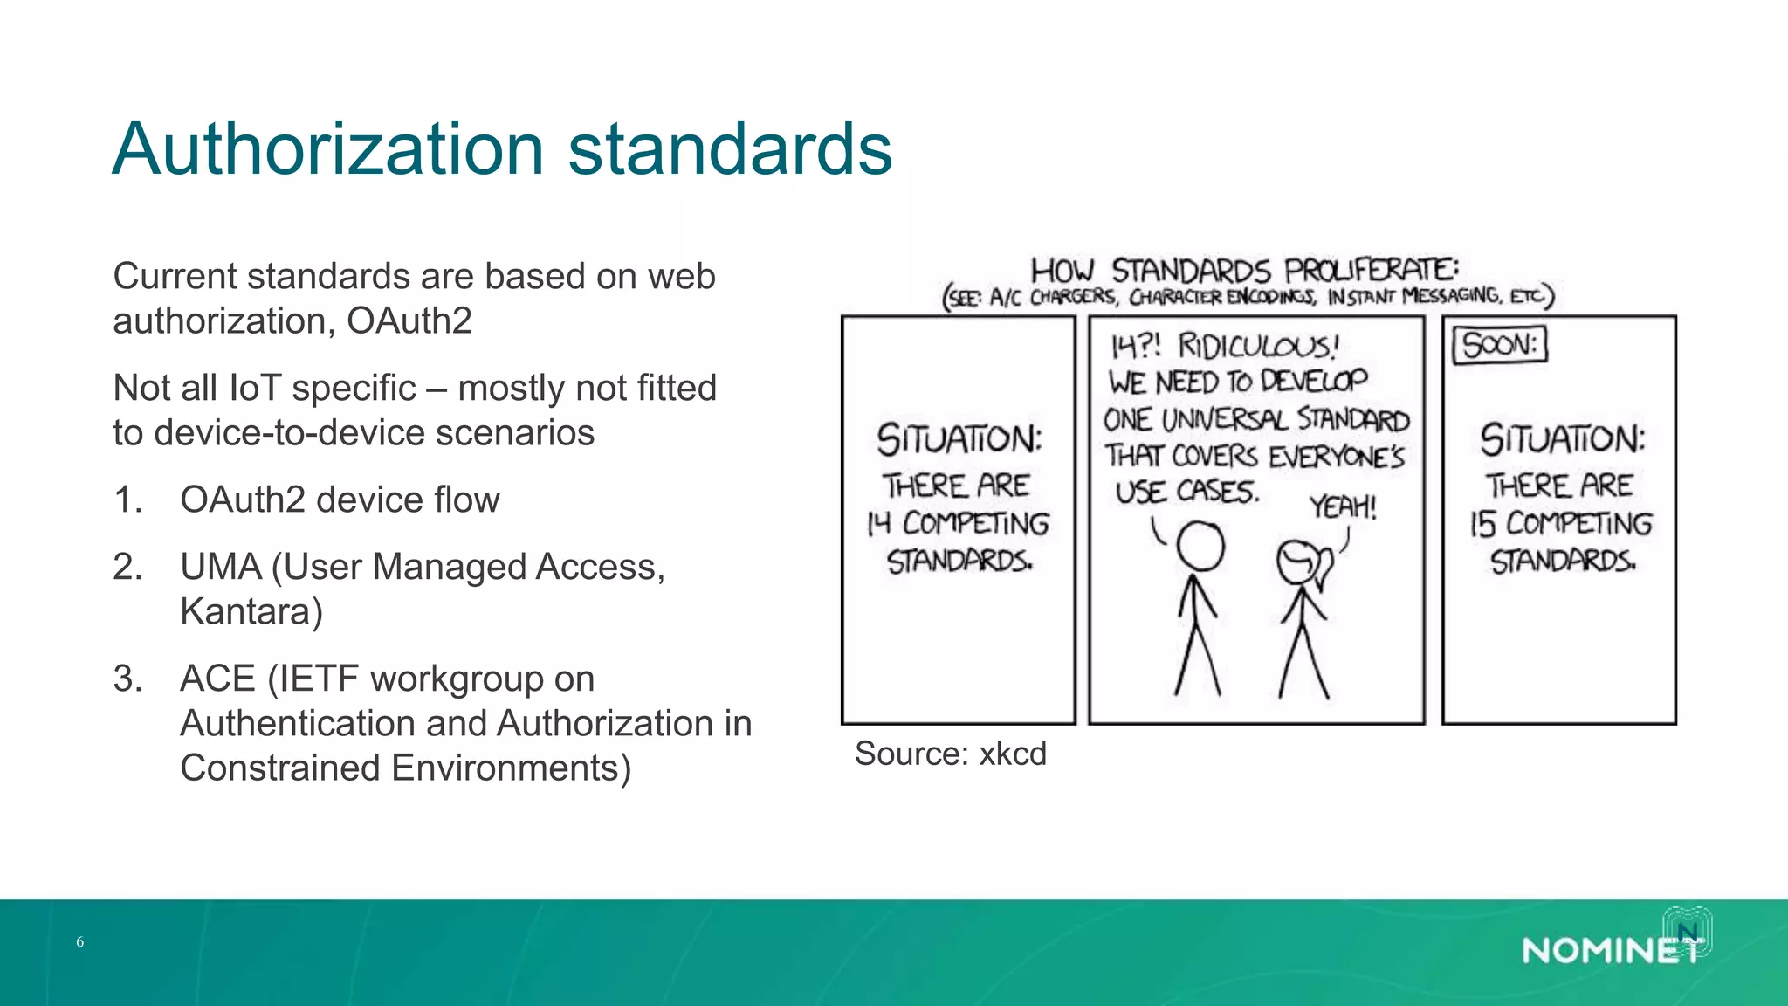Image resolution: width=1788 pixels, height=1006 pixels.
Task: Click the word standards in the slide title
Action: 730,149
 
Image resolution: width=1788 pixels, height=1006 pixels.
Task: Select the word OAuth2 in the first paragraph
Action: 409,321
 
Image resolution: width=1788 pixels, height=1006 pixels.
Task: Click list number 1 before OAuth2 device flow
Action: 127,500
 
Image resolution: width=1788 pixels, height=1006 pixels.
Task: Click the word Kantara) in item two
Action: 251,612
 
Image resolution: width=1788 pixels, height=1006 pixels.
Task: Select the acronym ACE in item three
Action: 217,679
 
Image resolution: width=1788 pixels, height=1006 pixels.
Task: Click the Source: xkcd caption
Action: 950,754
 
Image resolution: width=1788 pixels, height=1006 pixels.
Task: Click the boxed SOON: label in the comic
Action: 1499,345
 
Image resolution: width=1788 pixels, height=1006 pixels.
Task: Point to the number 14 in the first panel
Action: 878,524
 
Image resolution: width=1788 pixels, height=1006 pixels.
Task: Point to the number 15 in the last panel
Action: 1482,524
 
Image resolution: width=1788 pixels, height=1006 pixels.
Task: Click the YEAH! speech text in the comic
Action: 1343,507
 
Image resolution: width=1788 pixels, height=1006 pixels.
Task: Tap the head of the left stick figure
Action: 1200,547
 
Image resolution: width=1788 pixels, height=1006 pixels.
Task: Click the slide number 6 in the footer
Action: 80,942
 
